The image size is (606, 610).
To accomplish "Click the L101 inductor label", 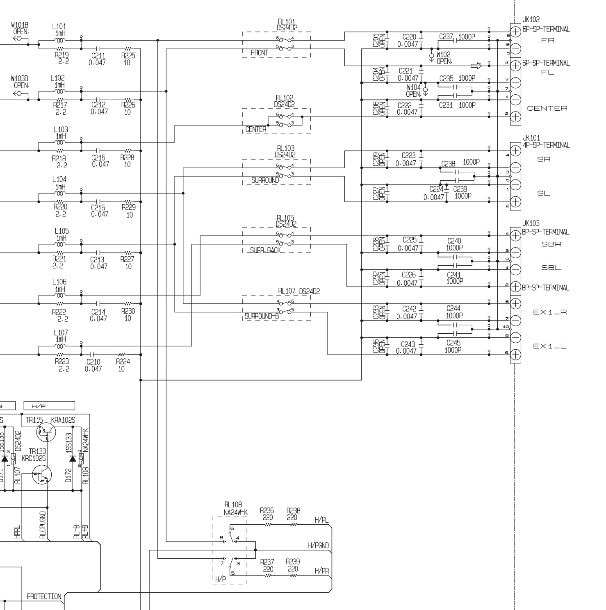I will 59,27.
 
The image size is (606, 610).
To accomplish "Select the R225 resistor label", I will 128,56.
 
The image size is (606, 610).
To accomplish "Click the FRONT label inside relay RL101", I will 260,53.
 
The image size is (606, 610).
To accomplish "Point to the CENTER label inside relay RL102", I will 256,130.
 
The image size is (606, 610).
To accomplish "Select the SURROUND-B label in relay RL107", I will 262,316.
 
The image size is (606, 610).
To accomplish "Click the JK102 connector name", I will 531,19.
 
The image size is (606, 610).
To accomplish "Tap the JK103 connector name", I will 531,223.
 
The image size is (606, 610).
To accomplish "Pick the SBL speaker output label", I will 551,268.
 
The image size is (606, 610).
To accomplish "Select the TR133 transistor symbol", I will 42,475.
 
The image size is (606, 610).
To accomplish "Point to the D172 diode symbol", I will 73,458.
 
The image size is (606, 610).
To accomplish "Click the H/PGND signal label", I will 318,546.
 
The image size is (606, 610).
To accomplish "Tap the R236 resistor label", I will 267,511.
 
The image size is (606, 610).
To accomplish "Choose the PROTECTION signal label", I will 44,596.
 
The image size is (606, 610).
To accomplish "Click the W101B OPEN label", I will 21,28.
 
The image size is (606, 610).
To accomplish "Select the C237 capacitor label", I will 446,37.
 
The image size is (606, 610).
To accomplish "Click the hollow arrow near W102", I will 476,65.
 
